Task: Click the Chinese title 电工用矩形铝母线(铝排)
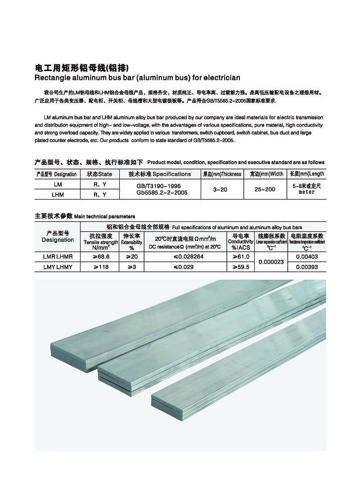[82, 68]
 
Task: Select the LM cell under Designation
[57, 185]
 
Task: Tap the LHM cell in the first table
[57, 195]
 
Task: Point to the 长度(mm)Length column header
[306, 174]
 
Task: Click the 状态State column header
[99, 174]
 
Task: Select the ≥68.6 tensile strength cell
[101, 257]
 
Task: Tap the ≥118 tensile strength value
[101, 267]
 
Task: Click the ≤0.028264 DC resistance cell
[185, 257]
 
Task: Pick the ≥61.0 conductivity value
[241, 257]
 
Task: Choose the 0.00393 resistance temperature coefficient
[306, 267]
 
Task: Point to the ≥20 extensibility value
[131, 257]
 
